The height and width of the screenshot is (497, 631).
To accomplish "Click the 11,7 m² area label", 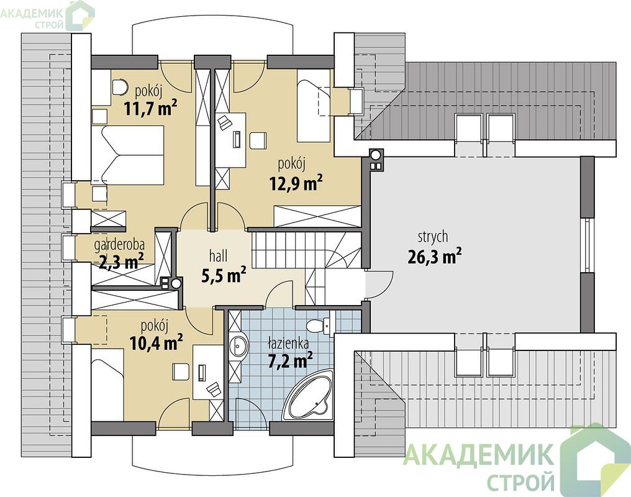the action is pyautogui.click(x=150, y=109).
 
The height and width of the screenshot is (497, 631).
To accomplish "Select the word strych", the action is pyautogui.click(x=433, y=237).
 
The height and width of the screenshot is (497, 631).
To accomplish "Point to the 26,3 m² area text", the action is pyautogui.click(x=435, y=257).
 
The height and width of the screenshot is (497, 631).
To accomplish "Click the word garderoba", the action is pyautogui.click(x=119, y=244).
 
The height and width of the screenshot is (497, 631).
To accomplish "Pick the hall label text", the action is pyautogui.click(x=218, y=255).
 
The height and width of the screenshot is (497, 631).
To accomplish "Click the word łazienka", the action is pyautogui.click(x=289, y=344).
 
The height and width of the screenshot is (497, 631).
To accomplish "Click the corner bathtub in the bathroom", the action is pyautogui.click(x=307, y=396).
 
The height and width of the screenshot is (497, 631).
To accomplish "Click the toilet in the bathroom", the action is pyautogui.click(x=319, y=324).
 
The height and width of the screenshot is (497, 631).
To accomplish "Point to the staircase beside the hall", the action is pyautogui.click(x=306, y=262).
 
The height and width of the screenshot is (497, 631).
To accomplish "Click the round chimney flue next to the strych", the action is pyautogui.click(x=376, y=155).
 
